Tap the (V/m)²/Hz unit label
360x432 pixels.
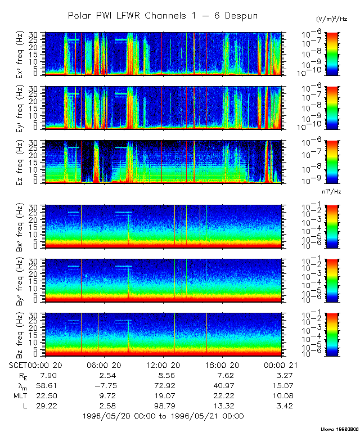point(332,20)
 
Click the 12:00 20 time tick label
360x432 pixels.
point(164,365)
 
